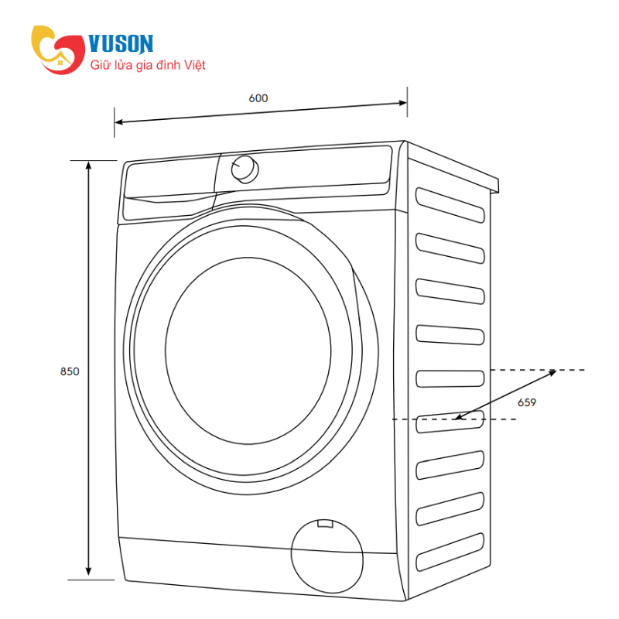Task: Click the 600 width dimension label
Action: [x=258, y=98]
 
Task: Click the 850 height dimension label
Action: [x=70, y=371]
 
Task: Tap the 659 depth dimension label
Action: [x=527, y=402]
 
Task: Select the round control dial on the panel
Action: [x=245, y=169]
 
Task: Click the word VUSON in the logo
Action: [x=121, y=44]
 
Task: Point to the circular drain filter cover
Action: [x=327, y=556]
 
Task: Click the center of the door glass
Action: [x=248, y=351]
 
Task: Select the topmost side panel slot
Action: [x=450, y=205]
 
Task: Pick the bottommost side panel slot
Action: [x=450, y=552]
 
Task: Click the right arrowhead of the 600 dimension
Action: [x=402, y=103]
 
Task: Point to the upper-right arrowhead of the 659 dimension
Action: [x=552, y=372]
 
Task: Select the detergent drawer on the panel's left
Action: [x=169, y=190]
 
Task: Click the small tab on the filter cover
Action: [x=325, y=524]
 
